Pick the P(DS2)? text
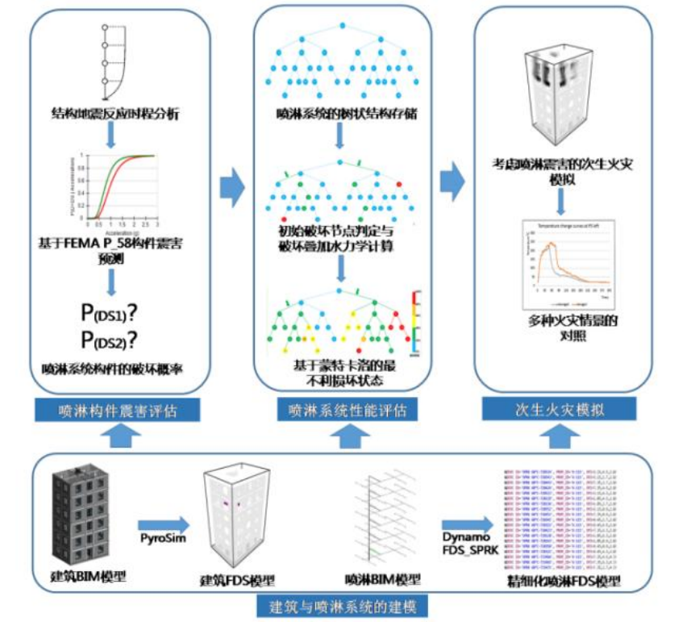112,338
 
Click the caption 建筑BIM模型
81,578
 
